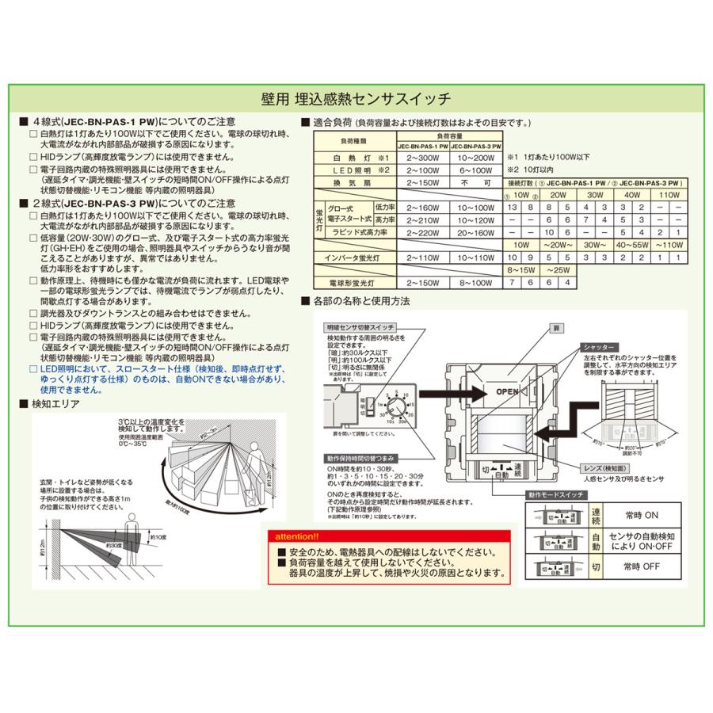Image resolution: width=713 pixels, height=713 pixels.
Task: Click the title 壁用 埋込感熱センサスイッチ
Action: click(356, 99)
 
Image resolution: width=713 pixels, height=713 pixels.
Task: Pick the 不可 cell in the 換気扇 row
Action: click(482, 184)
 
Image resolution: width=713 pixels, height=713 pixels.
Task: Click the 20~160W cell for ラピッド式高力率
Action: click(482, 232)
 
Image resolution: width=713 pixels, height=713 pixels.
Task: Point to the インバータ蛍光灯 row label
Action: click(355, 257)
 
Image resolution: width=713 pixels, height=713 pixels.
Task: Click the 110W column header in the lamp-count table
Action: click(669, 195)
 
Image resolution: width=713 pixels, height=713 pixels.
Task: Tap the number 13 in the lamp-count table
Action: click(514, 207)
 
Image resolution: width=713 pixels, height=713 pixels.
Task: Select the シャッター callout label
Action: click(599, 347)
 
